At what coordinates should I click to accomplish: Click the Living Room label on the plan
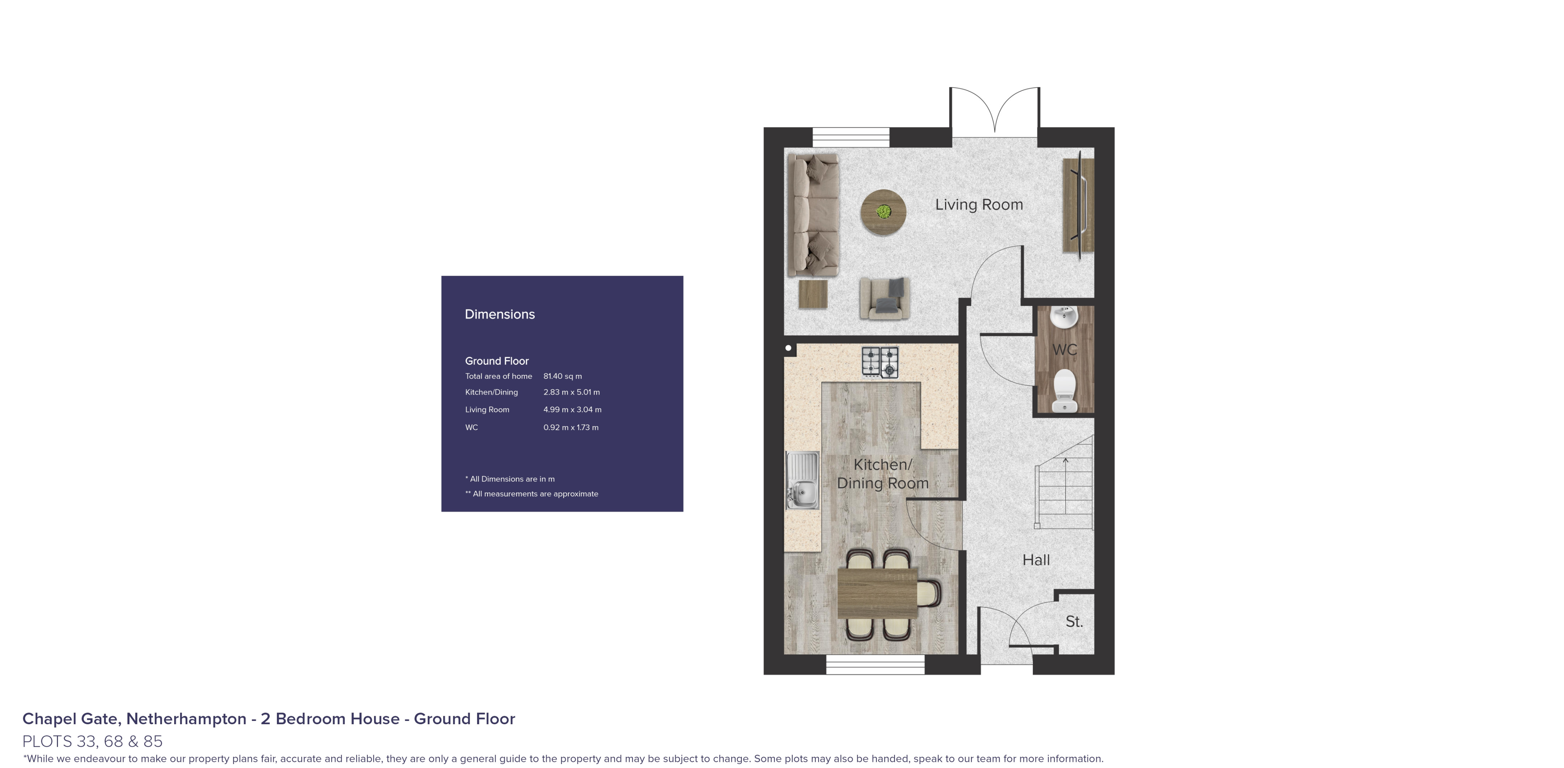tap(979, 204)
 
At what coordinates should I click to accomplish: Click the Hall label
tap(1036, 560)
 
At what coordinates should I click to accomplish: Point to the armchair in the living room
tap(884, 298)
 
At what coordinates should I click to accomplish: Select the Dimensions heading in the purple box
tap(500, 315)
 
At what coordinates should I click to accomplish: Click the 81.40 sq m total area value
tap(562, 376)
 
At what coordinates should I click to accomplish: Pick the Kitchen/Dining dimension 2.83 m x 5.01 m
tap(571, 392)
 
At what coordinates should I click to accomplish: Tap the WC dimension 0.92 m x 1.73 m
tap(571, 427)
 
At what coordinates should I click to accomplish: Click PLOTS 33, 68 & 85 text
tap(92, 741)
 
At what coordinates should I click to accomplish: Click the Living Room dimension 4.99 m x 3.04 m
tap(572, 410)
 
